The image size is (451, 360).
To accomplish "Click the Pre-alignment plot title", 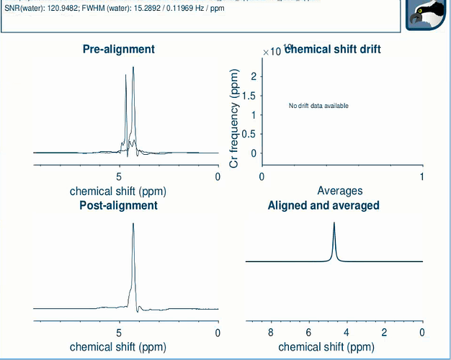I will point(119,49).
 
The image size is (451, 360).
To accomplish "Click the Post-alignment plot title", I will point(118,205).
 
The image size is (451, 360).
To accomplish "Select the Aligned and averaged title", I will point(323,205).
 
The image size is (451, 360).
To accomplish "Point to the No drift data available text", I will point(318,106).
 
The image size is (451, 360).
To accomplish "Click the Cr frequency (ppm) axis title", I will point(234,119).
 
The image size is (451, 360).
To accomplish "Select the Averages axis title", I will point(340,191).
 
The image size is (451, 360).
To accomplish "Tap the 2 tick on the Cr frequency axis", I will point(252,76).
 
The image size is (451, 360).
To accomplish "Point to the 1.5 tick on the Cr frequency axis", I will point(249,96).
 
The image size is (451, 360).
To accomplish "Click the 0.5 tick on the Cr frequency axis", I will point(249,134).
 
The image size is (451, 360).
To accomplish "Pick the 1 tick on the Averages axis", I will point(422,177).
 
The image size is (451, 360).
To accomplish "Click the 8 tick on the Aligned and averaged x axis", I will point(271,333).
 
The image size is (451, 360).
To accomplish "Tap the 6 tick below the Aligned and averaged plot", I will point(308,333).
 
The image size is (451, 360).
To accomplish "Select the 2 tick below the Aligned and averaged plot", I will point(384,333).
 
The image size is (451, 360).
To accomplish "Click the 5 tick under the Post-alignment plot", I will point(119,333).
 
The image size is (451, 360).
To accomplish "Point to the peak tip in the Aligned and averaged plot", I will point(334,222).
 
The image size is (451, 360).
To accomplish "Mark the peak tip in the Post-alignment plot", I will point(133,224).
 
